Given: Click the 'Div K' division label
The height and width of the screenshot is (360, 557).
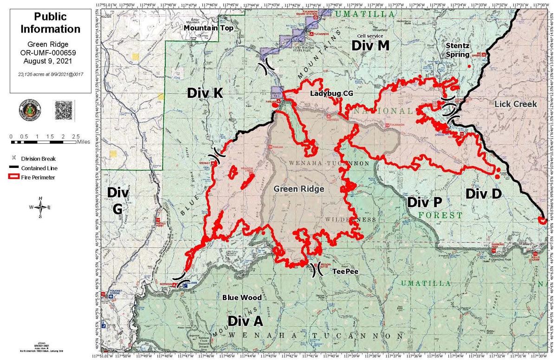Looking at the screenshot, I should [206, 93].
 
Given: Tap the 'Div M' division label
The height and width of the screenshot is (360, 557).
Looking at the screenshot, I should [370, 45].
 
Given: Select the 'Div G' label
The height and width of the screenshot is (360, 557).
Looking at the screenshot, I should [118, 200].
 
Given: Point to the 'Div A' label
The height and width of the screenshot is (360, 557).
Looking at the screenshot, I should [245, 321].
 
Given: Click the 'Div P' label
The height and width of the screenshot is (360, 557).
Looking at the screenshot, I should [424, 202].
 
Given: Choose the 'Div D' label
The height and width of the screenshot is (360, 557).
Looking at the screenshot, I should [483, 193].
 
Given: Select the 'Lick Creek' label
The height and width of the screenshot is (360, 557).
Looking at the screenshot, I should [516, 104].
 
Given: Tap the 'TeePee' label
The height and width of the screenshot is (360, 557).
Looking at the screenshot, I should [342, 273].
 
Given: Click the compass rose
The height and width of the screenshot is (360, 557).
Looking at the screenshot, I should [40, 207].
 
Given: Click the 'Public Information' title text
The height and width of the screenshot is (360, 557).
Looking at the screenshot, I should [51, 23].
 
